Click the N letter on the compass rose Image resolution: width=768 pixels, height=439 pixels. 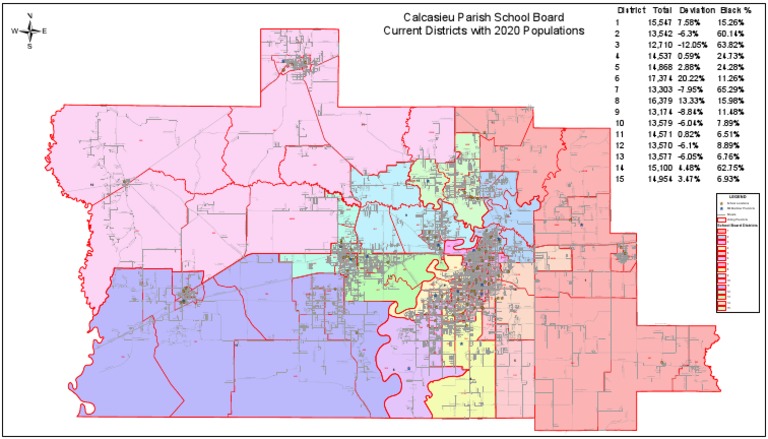click(30, 15)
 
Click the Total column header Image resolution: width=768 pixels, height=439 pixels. click(650, 9)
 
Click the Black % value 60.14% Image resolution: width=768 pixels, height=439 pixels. click(732, 33)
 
